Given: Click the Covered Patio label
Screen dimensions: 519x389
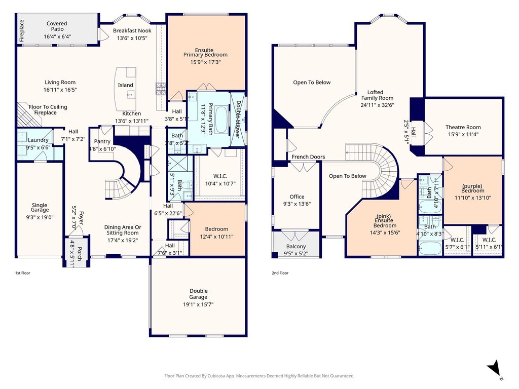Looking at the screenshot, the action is tap(57, 26).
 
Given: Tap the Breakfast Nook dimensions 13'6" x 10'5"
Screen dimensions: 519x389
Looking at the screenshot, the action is tap(132, 38).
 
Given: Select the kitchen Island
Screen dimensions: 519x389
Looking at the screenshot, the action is tap(125, 89).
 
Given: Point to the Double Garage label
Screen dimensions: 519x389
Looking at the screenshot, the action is tap(198, 294).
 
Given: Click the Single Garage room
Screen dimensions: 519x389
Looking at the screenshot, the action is tap(40, 210).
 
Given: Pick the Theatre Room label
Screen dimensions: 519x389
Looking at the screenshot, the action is tap(463, 127).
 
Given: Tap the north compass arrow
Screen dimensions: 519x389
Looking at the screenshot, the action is tap(495, 368).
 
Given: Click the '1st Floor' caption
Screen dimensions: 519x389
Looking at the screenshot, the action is tap(22, 273).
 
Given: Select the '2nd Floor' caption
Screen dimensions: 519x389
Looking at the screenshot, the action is tap(280, 273).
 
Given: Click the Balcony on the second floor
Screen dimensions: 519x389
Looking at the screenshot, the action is tap(296, 244).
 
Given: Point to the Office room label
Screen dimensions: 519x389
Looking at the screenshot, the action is tap(297, 197).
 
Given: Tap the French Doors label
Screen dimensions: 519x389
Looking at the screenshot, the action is tap(308, 157).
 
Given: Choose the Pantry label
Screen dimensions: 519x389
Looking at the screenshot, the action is tap(102, 141).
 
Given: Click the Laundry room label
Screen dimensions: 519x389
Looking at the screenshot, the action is tap(38, 140).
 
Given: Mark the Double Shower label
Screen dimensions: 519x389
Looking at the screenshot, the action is tap(238, 120).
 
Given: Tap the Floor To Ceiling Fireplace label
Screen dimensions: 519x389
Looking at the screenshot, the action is tap(48, 110).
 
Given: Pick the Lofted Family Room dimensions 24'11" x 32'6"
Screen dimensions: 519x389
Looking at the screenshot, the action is tap(377, 105).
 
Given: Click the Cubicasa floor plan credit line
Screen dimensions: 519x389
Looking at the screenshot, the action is tap(259, 376).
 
